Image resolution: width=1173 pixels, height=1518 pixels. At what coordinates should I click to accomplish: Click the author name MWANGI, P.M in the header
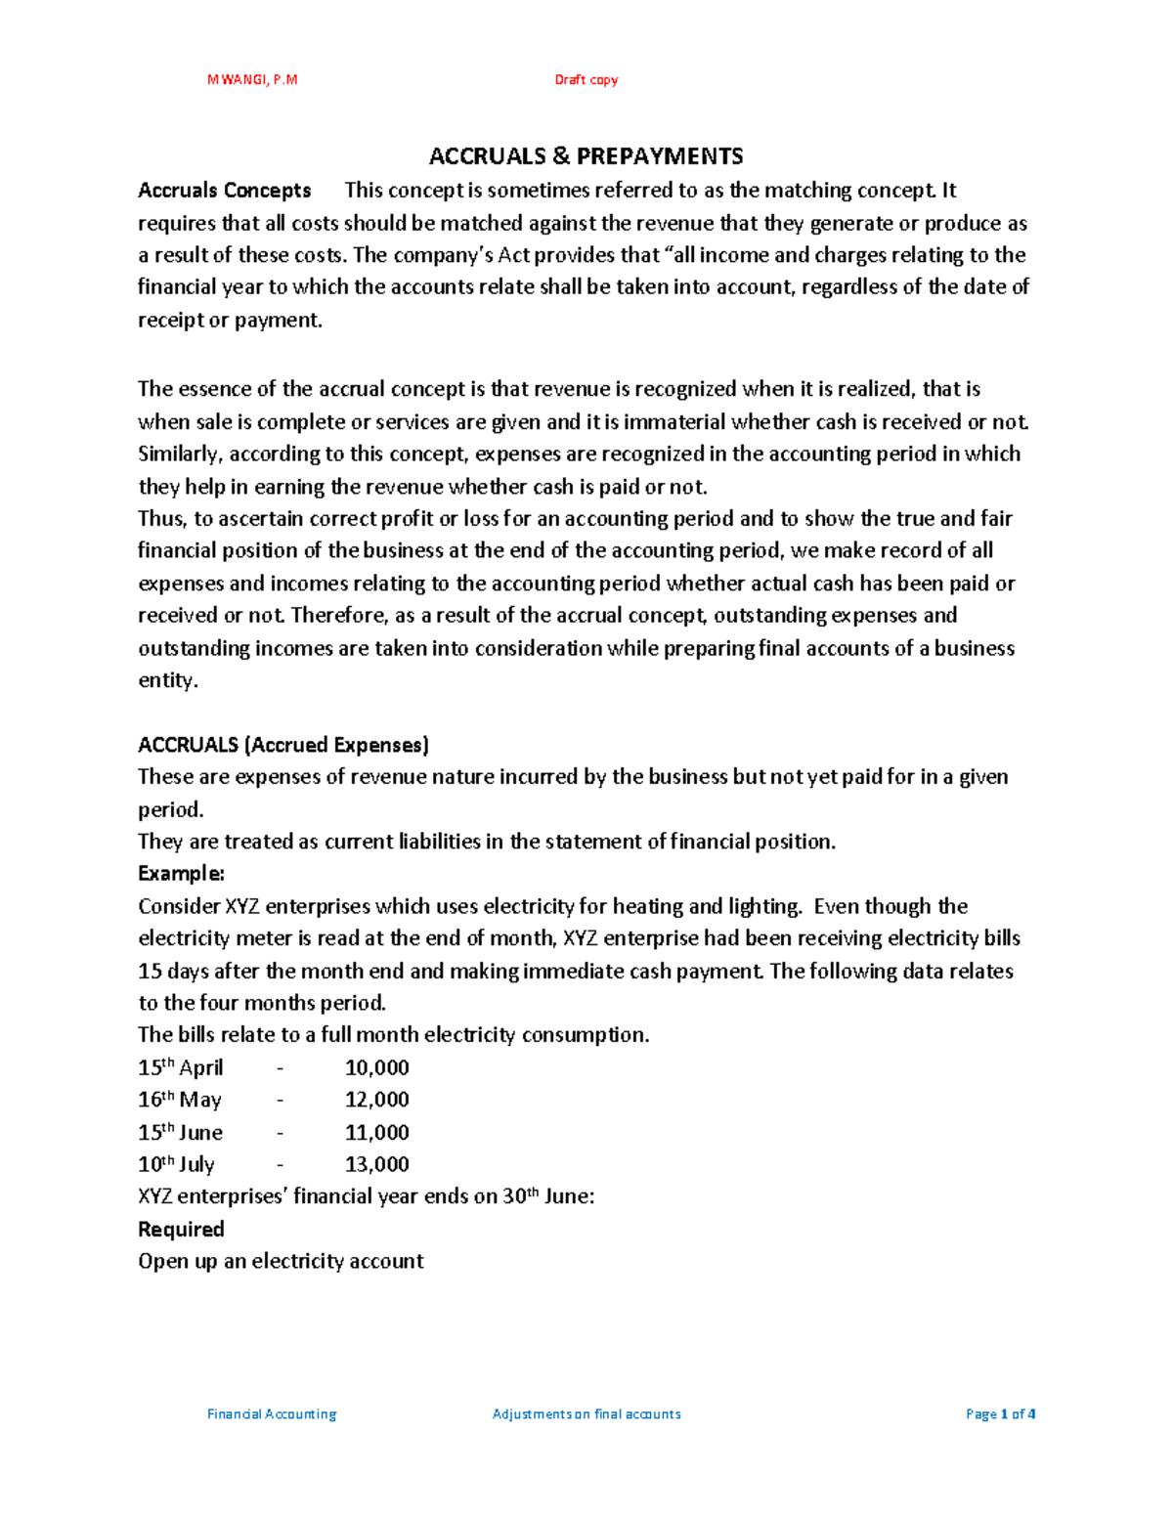pyautogui.click(x=252, y=80)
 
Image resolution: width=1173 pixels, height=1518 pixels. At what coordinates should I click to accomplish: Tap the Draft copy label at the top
pyautogui.click(x=586, y=80)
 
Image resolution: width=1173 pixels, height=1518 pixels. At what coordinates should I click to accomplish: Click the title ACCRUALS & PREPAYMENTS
pyautogui.click(x=586, y=156)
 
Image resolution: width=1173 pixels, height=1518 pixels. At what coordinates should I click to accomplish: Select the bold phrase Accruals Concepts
pyautogui.click(x=225, y=191)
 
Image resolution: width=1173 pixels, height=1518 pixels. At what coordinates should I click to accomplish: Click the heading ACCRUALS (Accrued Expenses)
pyautogui.click(x=283, y=745)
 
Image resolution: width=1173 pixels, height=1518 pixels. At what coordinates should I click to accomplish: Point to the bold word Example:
pyautogui.click(x=182, y=873)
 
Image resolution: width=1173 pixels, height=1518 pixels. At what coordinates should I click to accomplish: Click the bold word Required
pyautogui.click(x=182, y=1229)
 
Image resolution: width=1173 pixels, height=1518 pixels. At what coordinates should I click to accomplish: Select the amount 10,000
pyautogui.click(x=377, y=1067)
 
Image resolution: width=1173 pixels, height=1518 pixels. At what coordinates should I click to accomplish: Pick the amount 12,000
pyautogui.click(x=377, y=1100)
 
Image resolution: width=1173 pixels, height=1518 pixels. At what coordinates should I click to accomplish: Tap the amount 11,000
pyautogui.click(x=377, y=1132)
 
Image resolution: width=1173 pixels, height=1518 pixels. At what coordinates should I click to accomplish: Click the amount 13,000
pyautogui.click(x=377, y=1164)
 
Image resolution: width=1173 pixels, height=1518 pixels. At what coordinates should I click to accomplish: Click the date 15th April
pyautogui.click(x=181, y=1067)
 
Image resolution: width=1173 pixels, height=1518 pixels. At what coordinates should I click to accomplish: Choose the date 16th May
pyautogui.click(x=180, y=1100)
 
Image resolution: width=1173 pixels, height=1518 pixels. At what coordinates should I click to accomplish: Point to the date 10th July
pyautogui.click(x=177, y=1164)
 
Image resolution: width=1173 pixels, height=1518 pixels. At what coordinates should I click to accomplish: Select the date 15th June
pyautogui.click(x=181, y=1132)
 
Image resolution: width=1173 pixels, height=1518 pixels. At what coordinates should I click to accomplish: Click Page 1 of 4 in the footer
pyautogui.click(x=1000, y=1413)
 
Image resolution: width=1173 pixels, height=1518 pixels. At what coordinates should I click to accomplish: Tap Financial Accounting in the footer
pyautogui.click(x=272, y=1413)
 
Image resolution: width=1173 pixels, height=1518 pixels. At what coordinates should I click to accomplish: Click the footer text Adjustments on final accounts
pyautogui.click(x=586, y=1413)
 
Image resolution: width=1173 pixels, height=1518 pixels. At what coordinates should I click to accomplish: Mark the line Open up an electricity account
pyautogui.click(x=282, y=1261)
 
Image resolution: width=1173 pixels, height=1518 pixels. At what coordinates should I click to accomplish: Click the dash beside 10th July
pyautogui.click(x=281, y=1164)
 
